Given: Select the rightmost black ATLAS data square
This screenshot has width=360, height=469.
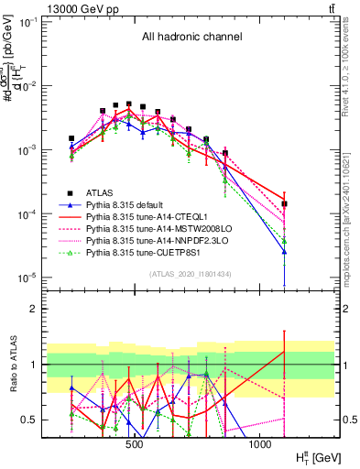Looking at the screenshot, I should [285, 204].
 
